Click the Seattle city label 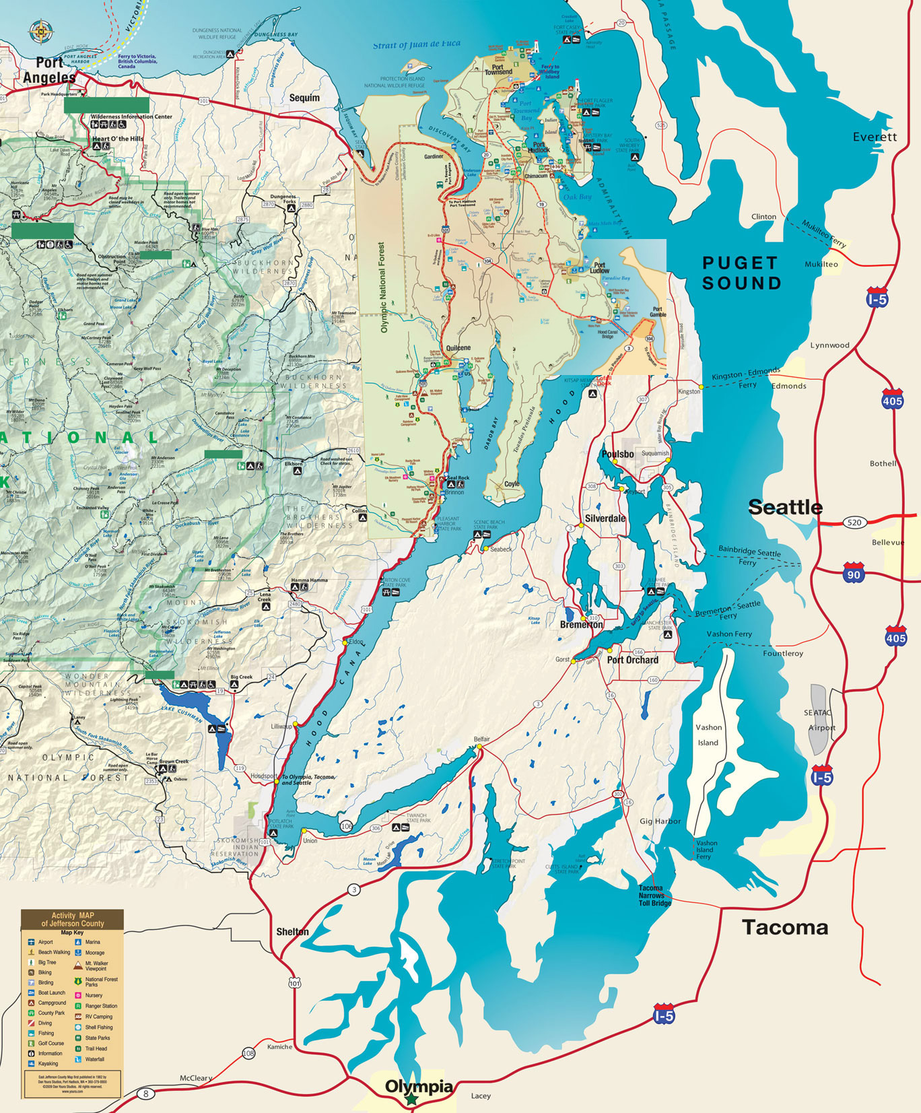coord(785,507)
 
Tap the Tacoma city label coord(785,927)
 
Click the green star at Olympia coord(411,1099)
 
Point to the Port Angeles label coord(49,70)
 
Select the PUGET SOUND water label coord(741,273)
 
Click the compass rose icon coord(41,30)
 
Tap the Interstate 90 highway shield coord(853,574)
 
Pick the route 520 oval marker coord(854,522)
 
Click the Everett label coord(875,137)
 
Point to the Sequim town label coord(304,98)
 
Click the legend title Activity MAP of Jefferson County coord(73,919)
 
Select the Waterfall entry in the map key coord(94,1059)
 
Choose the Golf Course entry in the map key coord(50,1043)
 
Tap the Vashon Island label coord(708,735)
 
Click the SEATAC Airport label coord(819,720)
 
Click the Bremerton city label coord(582,625)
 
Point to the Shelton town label coord(292,931)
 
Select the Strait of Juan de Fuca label coord(417,44)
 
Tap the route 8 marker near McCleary coord(145,1093)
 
